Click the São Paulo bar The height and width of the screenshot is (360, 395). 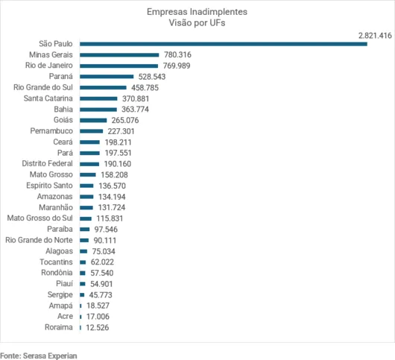(x=224, y=44)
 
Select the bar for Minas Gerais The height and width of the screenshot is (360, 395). (x=119, y=55)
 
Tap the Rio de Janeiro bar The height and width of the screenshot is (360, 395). (x=118, y=66)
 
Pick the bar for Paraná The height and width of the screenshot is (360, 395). (x=107, y=77)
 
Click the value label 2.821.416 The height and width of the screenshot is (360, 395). (x=375, y=35)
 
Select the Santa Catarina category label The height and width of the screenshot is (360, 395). (x=48, y=98)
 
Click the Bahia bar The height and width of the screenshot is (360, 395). (x=98, y=110)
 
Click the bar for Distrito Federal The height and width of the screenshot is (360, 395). (x=89, y=164)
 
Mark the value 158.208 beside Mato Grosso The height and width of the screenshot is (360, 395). (x=114, y=174)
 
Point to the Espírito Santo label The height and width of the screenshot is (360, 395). (x=49, y=186)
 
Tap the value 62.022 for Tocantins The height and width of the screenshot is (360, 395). (x=103, y=262)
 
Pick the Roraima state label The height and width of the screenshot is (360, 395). (x=57, y=327)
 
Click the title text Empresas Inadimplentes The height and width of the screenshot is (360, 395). (x=197, y=13)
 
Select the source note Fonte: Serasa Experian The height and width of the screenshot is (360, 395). (x=39, y=355)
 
